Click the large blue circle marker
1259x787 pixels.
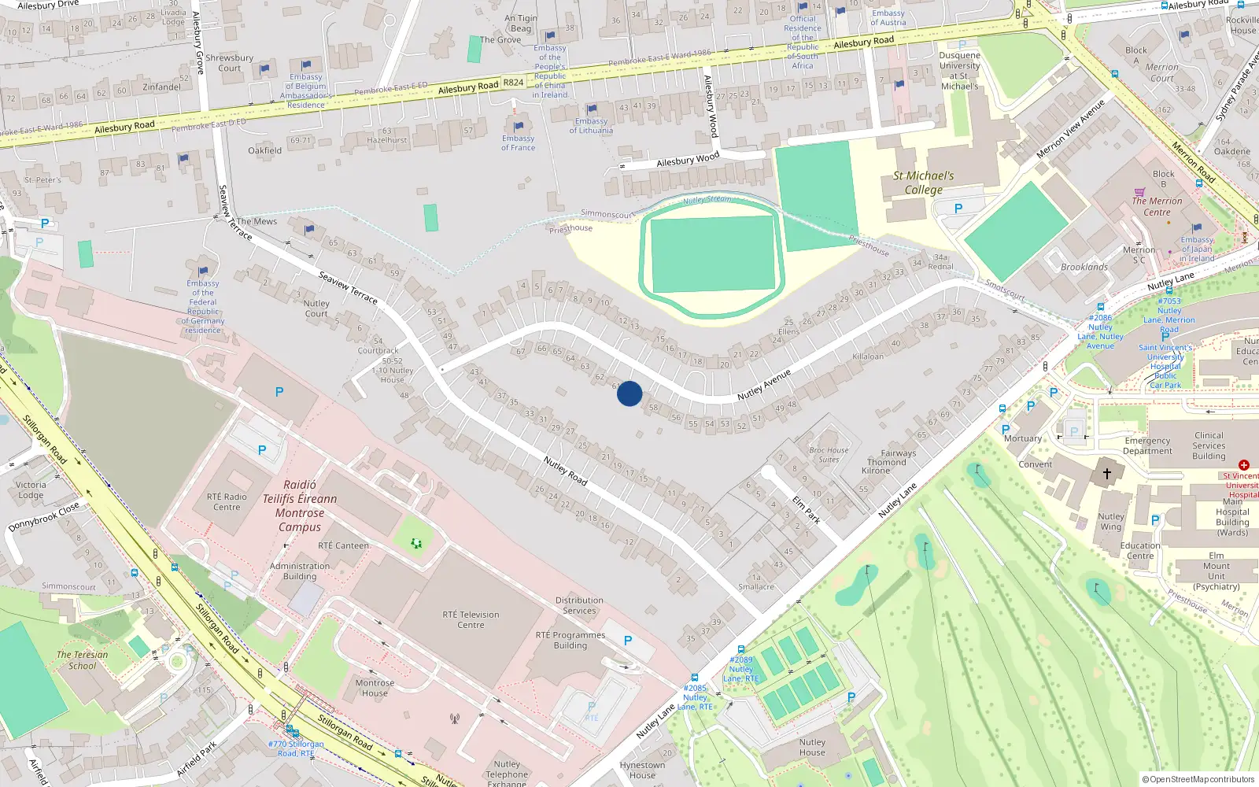click(629, 393)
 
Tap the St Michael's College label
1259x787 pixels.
click(924, 183)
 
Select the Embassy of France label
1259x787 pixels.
click(518, 142)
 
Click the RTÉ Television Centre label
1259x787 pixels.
click(471, 619)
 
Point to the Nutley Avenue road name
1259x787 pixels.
click(763, 385)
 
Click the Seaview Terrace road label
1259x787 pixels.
click(348, 287)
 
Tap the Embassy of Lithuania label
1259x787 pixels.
click(591, 126)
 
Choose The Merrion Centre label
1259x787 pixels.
click(1157, 206)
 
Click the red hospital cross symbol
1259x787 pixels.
click(1244, 465)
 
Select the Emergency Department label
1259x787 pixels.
click(1147, 445)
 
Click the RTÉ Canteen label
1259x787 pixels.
click(343, 545)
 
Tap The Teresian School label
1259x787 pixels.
click(82, 660)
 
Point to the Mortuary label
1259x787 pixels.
click(1023, 438)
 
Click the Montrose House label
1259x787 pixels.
click(375, 688)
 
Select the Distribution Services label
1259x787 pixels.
click(579, 605)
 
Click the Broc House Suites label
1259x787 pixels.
click(829, 455)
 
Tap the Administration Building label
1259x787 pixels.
click(300, 571)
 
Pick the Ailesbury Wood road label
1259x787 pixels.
click(688, 160)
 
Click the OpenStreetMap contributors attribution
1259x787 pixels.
click(1198, 779)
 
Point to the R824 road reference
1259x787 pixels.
click(513, 82)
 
